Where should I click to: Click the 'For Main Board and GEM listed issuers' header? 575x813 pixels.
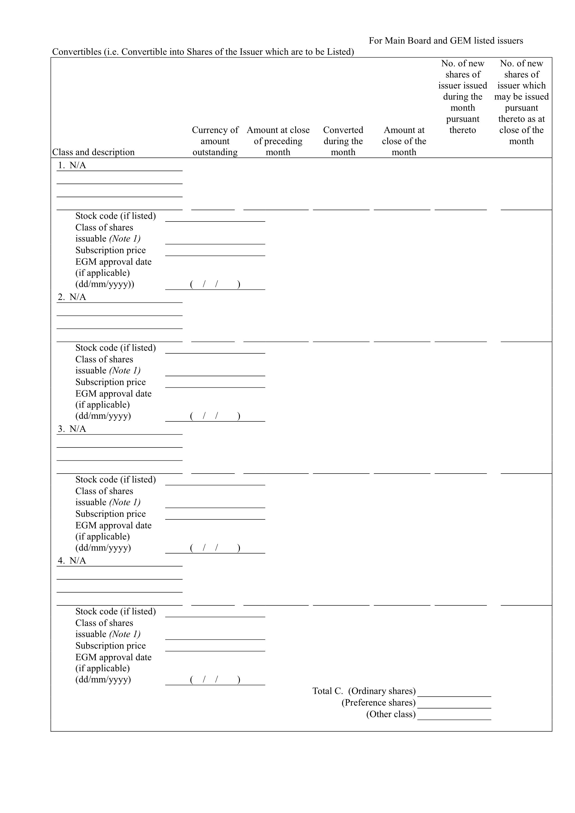[x=446, y=41]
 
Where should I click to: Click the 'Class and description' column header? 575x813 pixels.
[x=94, y=152]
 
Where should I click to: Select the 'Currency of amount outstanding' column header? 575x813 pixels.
[x=215, y=141]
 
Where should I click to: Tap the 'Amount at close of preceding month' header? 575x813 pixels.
[x=278, y=141]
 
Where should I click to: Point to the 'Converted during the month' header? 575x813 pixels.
[x=343, y=141]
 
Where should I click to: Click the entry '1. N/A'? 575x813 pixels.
[x=72, y=165]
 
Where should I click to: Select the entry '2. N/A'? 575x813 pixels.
[x=72, y=297]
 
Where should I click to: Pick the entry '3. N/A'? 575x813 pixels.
[x=72, y=429]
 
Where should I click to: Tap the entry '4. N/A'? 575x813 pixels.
[x=72, y=560]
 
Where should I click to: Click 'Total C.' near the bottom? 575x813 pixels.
[x=328, y=691]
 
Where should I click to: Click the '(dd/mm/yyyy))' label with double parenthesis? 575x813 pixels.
[x=105, y=284]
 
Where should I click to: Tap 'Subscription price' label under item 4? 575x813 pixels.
[x=111, y=646]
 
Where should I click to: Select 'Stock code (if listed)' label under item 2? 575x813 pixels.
[x=115, y=348]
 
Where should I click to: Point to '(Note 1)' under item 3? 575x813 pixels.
[x=125, y=502]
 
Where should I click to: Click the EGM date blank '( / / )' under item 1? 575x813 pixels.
[x=215, y=284]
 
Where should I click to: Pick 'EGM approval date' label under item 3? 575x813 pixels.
[x=113, y=525]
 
